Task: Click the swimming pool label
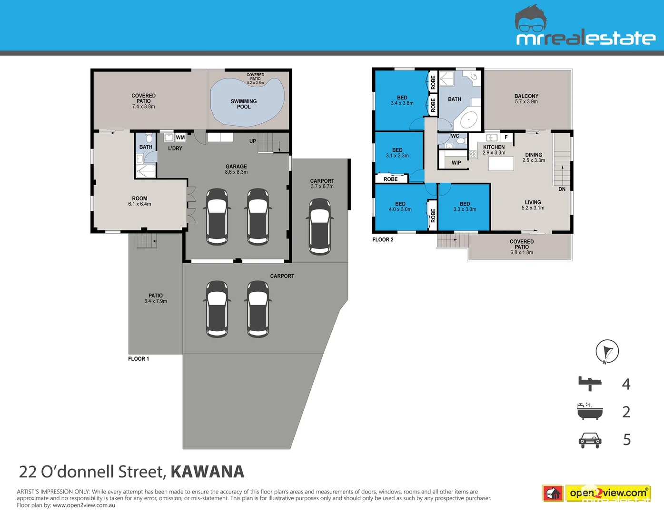pos(243,104)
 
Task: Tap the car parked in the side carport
pos(319,227)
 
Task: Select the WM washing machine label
pos(180,138)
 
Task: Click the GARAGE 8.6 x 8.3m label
pos(236,169)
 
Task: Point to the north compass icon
pos(607,352)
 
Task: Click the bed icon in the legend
pos(590,384)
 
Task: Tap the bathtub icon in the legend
pos(590,411)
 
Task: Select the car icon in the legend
pos(590,440)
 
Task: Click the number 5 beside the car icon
pos(626,440)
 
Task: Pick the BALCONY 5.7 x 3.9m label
pos(526,99)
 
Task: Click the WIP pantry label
pos(456,163)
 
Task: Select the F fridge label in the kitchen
pos(506,137)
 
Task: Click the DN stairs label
pos(562,189)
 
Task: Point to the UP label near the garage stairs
pos(252,141)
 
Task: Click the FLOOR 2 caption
pos(383,240)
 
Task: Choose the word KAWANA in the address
pos(207,472)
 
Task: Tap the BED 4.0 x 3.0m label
pos(400,207)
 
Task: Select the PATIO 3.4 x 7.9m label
pos(156,298)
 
